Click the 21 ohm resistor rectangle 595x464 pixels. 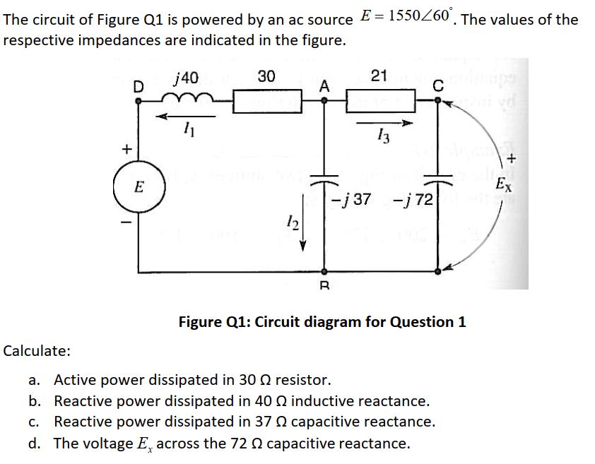[x=380, y=102]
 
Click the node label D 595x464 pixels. [x=139, y=86]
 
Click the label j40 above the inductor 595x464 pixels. [x=186, y=77]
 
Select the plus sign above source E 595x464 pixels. [x=126, y=149]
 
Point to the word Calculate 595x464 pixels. [x=37, y=350]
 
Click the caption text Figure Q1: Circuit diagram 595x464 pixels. [x=322, y=322]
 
